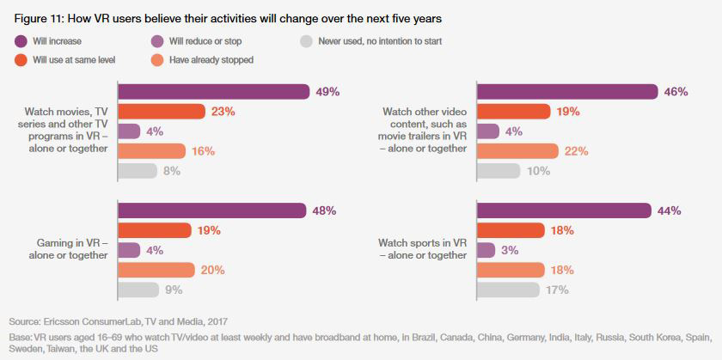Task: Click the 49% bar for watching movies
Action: pyautogui.click(x=213, y=91)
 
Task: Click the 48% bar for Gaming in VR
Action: pyautogui.click(x=211, y=211)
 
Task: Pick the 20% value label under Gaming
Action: pyautogui.click(x=213, y=270)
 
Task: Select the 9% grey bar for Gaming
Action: pyautogui.click(x=138, y=290)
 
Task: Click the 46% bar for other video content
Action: pyautogui.click(x=567, y=91)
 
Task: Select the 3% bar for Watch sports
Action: pyautogui.click(x=486, y=250)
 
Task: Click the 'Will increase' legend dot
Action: pyautogui.click(x=20, y=40)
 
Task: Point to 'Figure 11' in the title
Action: pyautogui.click(x=40, y=17)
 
